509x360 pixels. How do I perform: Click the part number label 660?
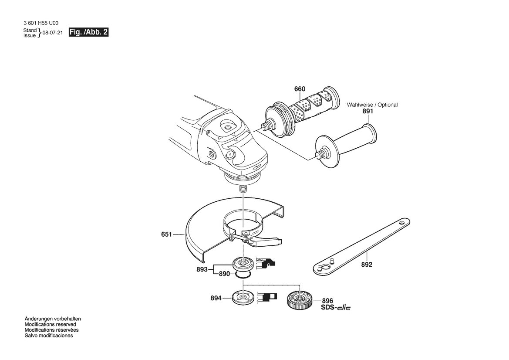[300, 89]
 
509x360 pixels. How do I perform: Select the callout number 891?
[368, 111]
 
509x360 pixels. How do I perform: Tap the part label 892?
[367, 265]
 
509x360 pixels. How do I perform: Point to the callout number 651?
[166, 234]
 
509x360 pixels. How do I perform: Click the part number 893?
[202, 269]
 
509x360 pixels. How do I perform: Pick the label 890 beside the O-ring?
[224, 274]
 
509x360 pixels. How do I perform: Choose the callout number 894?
[216, 298]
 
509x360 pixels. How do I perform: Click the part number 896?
[327, 301]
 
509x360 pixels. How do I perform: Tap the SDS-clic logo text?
[336, 307]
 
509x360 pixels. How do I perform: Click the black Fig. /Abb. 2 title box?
[89, 32]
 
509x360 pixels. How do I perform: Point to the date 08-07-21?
[53, 33]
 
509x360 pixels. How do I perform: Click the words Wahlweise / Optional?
[372, 105]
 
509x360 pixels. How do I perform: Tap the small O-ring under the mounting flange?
[243, 275]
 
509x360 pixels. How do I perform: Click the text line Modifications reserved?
[51, 324]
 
